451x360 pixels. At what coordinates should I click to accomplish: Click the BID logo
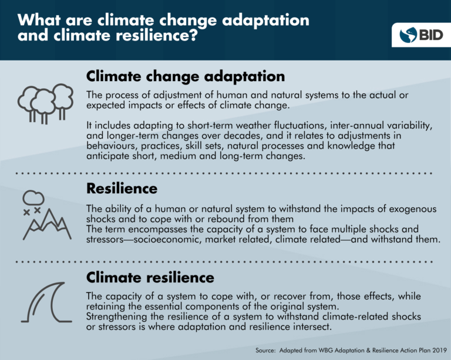coord(416,35)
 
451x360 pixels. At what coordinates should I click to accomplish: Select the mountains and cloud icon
coord(42,218)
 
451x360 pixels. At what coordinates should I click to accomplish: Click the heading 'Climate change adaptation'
coord(186,76)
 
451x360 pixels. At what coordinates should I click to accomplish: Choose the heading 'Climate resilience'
coord(150,276)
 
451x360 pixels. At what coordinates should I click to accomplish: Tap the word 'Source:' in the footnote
coord(270,350)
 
